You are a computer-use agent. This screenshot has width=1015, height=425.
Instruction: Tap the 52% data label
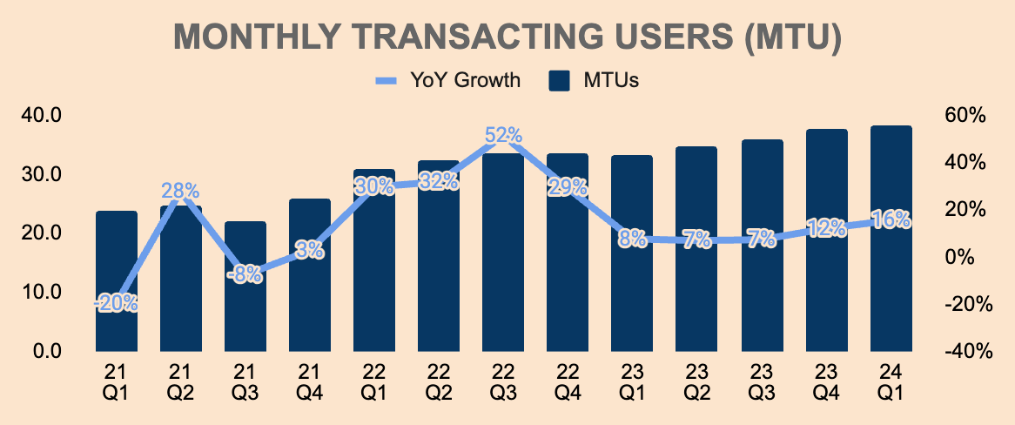pos(503,136)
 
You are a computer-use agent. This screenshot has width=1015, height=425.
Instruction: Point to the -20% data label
pos(117,303)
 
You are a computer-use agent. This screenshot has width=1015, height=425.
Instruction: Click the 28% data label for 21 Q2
pos(180,191)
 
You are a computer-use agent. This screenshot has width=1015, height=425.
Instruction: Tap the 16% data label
pos(891,219)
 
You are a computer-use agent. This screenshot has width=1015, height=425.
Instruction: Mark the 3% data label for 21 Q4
pos(310,250)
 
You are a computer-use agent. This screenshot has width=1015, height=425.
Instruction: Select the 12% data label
pos(826,228)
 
